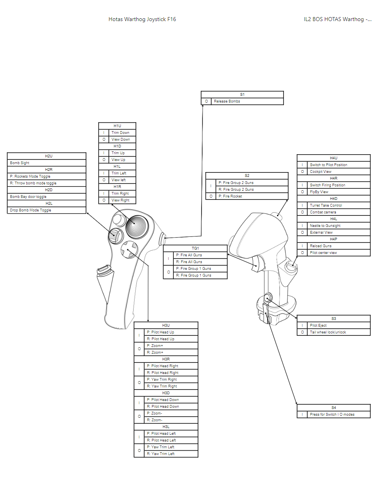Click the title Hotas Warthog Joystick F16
click(142, 19)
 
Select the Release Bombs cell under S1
click(247, 101)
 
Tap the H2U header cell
click(47, 156)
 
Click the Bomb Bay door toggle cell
click(47, 197)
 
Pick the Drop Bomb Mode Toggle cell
click(47, 210)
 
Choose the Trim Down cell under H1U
click(122, 133)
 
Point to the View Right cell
click(122, 200)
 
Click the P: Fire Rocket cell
click(252, 196)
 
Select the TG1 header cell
click(195, 248)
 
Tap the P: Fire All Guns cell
click(200, 255)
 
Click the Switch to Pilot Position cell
click(339, 165)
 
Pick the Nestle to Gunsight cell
click(339, 226)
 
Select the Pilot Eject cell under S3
click(339, 325)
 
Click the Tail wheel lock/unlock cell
click(339, 332)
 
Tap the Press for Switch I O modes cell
click(339, 415)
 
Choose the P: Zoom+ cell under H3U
click(171, 346)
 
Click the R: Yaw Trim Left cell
click(171, 454)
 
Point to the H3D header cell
click(166, 393)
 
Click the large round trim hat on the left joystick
click(137, 227)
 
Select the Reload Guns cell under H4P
click(339, 246)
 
